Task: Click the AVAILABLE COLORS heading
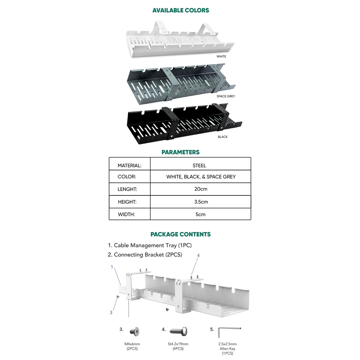[180, 10]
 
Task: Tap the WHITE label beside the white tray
[221, 56]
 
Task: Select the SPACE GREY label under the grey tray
[226, 96]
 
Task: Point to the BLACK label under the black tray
[223, 137]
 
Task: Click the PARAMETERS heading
[180, 152]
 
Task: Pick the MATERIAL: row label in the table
[129, 165]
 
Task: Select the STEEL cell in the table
[199, 165]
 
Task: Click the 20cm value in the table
[201, 189]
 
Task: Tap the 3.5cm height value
[201, 202]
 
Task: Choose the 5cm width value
[201, 214]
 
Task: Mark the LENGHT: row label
[127, 189]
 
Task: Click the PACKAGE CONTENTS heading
[180, 234]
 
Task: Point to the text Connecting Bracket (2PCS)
[145, 255]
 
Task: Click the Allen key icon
[229, 331]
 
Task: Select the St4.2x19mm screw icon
[179, 331]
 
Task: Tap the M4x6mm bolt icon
[134, 331]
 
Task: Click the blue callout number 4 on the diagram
[198, 256]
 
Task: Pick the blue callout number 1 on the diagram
[112, 267]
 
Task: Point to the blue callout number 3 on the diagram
[111, 312]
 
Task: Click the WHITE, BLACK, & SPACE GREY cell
[201, 176]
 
